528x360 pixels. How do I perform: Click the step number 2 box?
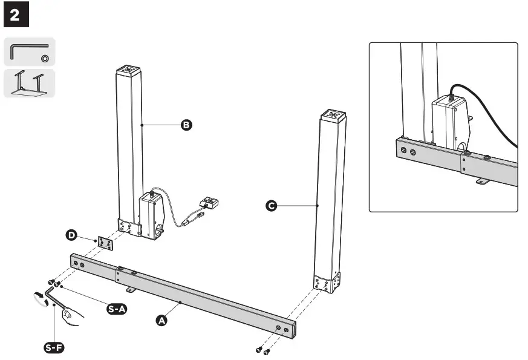(x=16, y=16)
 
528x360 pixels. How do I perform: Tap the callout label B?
(x=186, y=125)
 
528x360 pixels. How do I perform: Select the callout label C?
(x=272, y=206)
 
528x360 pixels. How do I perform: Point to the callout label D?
(x=71, y=234)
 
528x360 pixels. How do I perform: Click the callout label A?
(x=161, y=321)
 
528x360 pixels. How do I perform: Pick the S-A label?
(x=116, y=309)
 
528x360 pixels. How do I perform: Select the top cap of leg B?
(x=128, y=70)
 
